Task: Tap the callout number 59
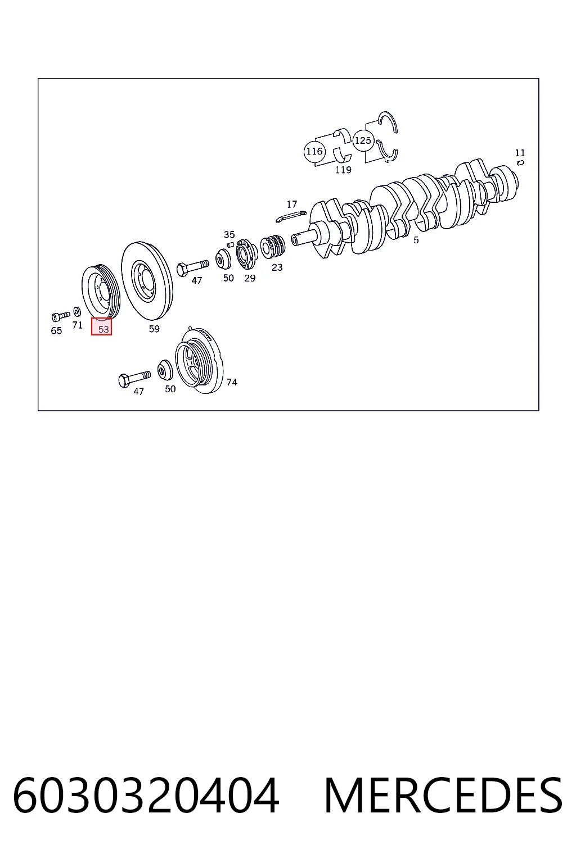coord(154,329)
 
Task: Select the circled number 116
coord(314,151)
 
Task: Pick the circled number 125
coord(363,140)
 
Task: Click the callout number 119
coord(343,170)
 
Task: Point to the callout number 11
coord(520,153)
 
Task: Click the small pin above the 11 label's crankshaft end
coord(520,163)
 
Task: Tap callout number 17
coord(292,204)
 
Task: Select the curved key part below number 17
coord(291,216)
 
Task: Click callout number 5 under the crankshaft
coord(416,240)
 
